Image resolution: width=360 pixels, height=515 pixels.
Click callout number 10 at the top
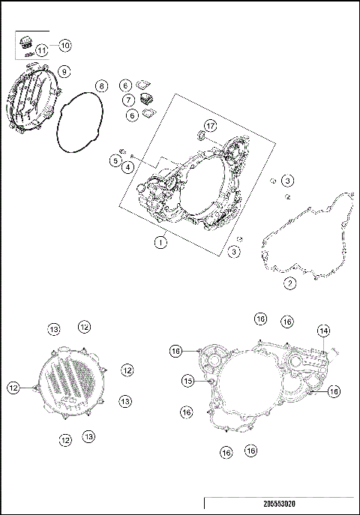click(65, 46)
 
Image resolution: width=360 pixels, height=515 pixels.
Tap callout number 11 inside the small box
click(42, 50)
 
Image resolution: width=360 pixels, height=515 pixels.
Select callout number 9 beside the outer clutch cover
click(64, 71)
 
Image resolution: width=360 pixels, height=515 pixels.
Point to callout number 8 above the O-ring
click(101, 86)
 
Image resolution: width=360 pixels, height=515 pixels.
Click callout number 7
click(129, 100)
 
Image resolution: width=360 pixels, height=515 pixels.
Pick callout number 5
click(115, 160)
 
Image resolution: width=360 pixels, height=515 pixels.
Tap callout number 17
click(211, 124)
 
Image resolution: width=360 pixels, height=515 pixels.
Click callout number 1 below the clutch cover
click(160, 242)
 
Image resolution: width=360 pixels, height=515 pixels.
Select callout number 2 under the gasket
click(289, 283)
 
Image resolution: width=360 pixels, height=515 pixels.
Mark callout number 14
click(323, 331)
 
